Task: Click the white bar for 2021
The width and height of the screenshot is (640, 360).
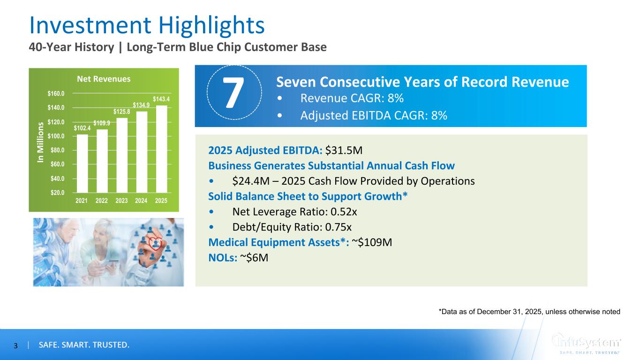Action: click(x=83, y=164)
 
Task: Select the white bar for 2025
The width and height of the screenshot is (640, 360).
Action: click(x=161, y=149)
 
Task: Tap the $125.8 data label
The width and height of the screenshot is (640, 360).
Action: click(x=121, y=112)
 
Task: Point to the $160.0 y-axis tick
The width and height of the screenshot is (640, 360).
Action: click(x=56, y=93)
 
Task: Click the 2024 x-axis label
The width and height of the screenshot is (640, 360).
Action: click(x=141, y=201)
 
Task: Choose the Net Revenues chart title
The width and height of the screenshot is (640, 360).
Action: click(x=104, y=79)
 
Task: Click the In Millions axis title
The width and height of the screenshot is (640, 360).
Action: click(x=41, y=142)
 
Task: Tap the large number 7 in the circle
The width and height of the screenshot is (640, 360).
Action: click(x=233, y=92)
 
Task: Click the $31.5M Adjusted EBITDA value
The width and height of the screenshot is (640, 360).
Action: click(x=344, y=150)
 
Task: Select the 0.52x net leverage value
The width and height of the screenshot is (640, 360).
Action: click(x=344, y=212)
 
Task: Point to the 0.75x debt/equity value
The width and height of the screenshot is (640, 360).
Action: click(x=339, y=227)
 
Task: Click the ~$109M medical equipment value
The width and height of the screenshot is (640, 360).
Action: click(x=372, y=242)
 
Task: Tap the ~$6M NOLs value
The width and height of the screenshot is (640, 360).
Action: click(x=254, y=258)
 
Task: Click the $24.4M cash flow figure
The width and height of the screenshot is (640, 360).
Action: click(x=251, y=181)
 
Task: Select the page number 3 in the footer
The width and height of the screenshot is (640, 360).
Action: click(x=16, y=346)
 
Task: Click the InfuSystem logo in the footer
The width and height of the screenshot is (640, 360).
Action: click(x=586, y=344)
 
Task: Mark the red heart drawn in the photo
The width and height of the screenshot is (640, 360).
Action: click(x=156, y=243)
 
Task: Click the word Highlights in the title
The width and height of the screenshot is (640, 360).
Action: click(x=211, y=25)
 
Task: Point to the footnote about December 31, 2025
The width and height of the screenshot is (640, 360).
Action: click(x=529, y=311)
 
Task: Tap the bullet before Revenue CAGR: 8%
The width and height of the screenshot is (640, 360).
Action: click(x=279, y=98)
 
